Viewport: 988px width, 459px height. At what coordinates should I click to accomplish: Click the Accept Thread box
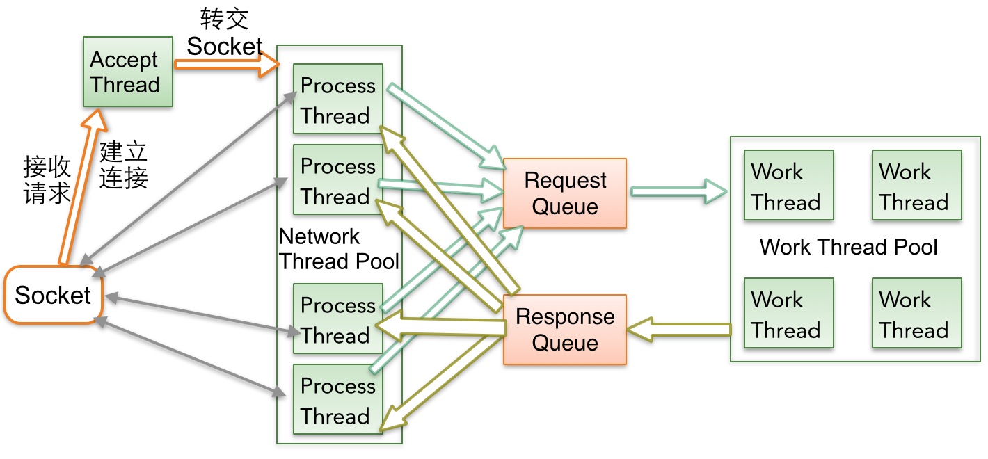[x=128, y=72]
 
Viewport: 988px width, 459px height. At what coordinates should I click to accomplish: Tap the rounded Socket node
[x=54, y=295]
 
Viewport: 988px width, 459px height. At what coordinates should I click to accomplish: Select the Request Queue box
[x=565, y=193]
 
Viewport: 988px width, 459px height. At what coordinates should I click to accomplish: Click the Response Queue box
[x=565, y=330]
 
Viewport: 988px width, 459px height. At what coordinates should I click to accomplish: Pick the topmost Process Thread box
[x=338, y=99]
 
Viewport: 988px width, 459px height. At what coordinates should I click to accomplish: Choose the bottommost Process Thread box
[x=338, y=399]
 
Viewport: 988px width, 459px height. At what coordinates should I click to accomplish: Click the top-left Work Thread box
[x=788, y=185]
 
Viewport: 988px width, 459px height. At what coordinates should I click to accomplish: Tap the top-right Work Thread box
[x=917, y=185]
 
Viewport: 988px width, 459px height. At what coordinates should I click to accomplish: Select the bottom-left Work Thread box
[x=788, y=313]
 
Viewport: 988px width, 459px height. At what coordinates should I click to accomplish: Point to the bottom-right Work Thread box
[x=917, y=313]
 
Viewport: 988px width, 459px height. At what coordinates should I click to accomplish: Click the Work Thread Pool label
[x=848, y=247]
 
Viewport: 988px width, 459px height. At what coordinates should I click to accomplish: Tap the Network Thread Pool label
[x=339, y=249]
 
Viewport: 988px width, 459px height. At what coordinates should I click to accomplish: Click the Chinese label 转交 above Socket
[x=224, y=19]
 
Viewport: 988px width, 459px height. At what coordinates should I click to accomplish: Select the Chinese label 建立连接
[x=123, y=165]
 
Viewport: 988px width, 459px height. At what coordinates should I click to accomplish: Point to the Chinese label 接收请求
[x=47, y=179]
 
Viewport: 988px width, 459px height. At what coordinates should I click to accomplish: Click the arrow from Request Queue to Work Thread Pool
[x=678, y=191]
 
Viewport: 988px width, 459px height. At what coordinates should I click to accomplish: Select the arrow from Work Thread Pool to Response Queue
[x=678, y=330]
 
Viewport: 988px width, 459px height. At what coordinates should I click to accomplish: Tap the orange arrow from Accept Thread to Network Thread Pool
[x=227, y=65]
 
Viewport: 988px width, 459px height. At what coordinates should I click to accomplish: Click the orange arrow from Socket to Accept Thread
[x=83, y=187]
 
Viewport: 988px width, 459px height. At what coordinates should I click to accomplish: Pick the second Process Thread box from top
[x=338, y=179]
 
